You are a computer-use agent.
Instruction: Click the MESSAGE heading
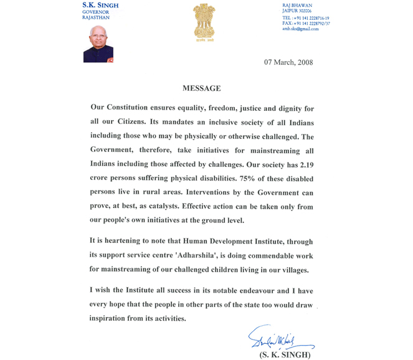coord(201,89)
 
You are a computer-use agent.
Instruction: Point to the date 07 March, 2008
coord(288,62)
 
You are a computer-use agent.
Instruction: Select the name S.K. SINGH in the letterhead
coord(100,5)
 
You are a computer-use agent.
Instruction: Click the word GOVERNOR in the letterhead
coord(96,12)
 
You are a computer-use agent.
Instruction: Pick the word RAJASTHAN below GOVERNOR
coord(96,17)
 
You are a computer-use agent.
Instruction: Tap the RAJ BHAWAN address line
coord(297,5)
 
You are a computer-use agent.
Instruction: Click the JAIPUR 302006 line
coord(298,11)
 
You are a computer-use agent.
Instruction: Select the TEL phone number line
coord(305,18)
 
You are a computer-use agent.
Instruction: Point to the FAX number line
coord(305,24)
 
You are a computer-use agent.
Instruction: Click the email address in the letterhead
coord(300,29)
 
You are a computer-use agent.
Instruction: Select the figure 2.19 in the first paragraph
coord(302,164)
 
